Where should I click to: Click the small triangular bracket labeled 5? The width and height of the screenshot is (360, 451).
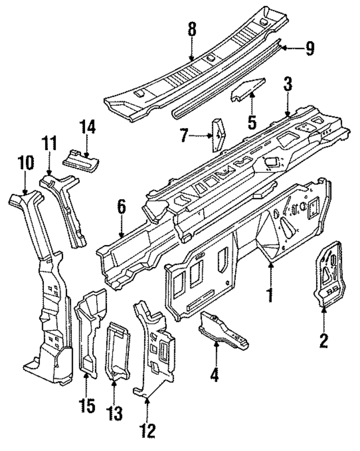pyautogui.click(x=248, y=89)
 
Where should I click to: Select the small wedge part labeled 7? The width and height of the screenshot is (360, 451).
pyautogui.click(x=217, y=135)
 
